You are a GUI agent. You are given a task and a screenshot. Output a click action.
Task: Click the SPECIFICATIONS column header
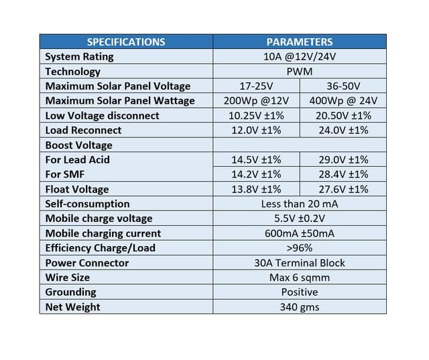(x=126, y=42)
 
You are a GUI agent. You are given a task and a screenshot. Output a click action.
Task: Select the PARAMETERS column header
(x=300, y=42)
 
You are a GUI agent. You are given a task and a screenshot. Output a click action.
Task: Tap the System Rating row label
(x=79, y=56)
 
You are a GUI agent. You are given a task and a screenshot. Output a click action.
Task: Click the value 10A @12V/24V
(x=300, y=56)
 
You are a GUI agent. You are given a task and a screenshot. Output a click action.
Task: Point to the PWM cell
(x=300, y=71)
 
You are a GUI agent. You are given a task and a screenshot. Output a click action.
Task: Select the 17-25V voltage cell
(x=256, y=86)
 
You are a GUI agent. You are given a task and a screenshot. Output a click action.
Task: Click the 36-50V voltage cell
(x=343, y=86)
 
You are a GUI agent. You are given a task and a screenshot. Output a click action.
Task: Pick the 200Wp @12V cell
(x=256, y=101)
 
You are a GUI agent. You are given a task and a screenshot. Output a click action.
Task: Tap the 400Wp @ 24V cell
(x=343, y=101)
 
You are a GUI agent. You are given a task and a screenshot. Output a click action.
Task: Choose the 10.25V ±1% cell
(x=256, y=115)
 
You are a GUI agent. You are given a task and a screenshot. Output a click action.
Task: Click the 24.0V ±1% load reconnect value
(x=343, y=130)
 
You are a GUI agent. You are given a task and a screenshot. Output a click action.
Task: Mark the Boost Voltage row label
(x=78, y=145)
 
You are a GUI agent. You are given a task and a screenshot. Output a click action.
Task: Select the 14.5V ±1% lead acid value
(x=256, y=160)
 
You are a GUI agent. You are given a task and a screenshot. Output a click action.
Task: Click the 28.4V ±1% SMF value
(x=343, y=174)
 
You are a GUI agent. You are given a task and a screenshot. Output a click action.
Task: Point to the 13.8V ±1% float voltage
(x=256, y=189)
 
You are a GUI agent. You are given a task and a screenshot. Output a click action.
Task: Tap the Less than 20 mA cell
(x=300, y=204)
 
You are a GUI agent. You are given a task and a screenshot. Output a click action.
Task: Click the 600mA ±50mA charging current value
(x=300, y=233)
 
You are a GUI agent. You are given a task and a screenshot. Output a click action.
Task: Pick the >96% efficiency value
(x=300, y=248)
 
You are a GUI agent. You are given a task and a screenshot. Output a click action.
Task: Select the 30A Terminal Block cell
(x=300, y=263)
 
